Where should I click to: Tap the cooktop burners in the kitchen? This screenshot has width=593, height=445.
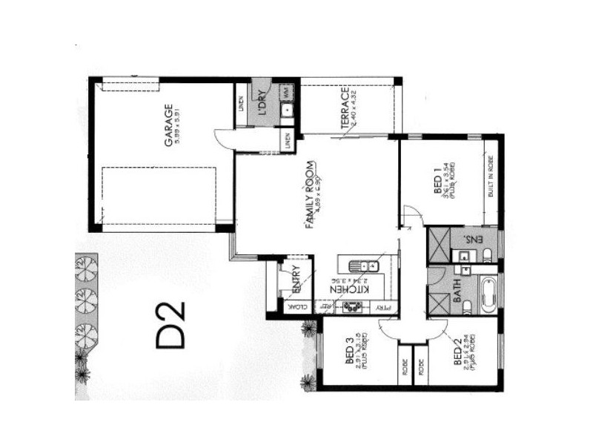[x=354, y=306]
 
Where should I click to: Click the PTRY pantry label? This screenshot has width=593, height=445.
[x=383, y=307]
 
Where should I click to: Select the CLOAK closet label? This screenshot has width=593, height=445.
[x=291, y=307]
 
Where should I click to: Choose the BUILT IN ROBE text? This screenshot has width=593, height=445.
[x=490, y=179]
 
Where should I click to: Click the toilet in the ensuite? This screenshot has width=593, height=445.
[x=488, y=256]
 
